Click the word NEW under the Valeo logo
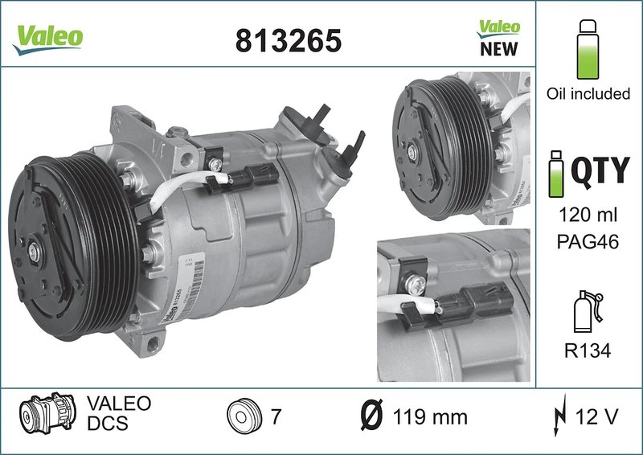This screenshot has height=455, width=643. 498,49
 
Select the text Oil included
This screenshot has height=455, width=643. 588,94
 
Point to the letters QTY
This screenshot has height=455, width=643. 600,171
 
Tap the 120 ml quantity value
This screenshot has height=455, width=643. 588,215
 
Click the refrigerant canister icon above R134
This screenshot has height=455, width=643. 587,310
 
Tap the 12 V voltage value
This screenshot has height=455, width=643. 596,417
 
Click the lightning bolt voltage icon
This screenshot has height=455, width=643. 559,417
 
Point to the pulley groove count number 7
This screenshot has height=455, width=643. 275,417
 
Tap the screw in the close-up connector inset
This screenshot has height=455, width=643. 417,284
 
